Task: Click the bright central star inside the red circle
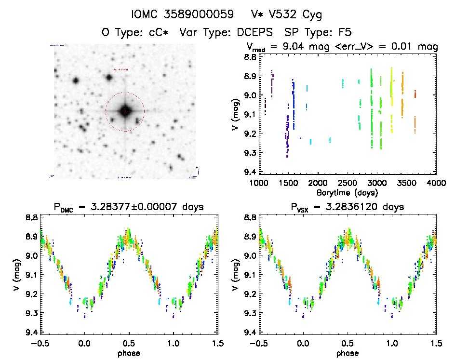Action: tap(125, 111)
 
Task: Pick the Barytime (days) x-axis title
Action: tap(348, 192)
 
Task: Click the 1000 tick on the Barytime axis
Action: tap(259, 183)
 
